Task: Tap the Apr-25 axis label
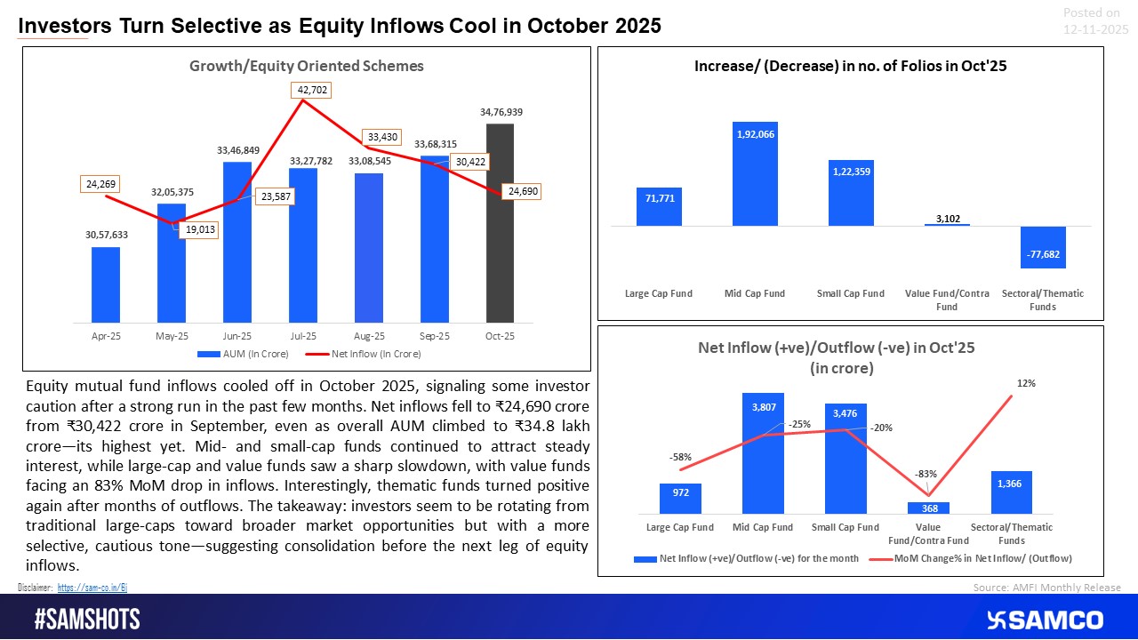(106, 336)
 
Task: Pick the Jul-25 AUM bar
(303, 244)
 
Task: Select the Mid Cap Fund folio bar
(756, 174)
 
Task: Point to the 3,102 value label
(947, 218)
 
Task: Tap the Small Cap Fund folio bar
(851, 193)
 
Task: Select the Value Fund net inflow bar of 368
(928, 508)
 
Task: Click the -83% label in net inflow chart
(927, 474)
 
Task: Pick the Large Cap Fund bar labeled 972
(680, 499)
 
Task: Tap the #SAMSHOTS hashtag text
(87, 620)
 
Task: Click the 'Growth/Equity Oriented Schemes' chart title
(306, 66)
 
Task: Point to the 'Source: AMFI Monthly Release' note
(1047, 588)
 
